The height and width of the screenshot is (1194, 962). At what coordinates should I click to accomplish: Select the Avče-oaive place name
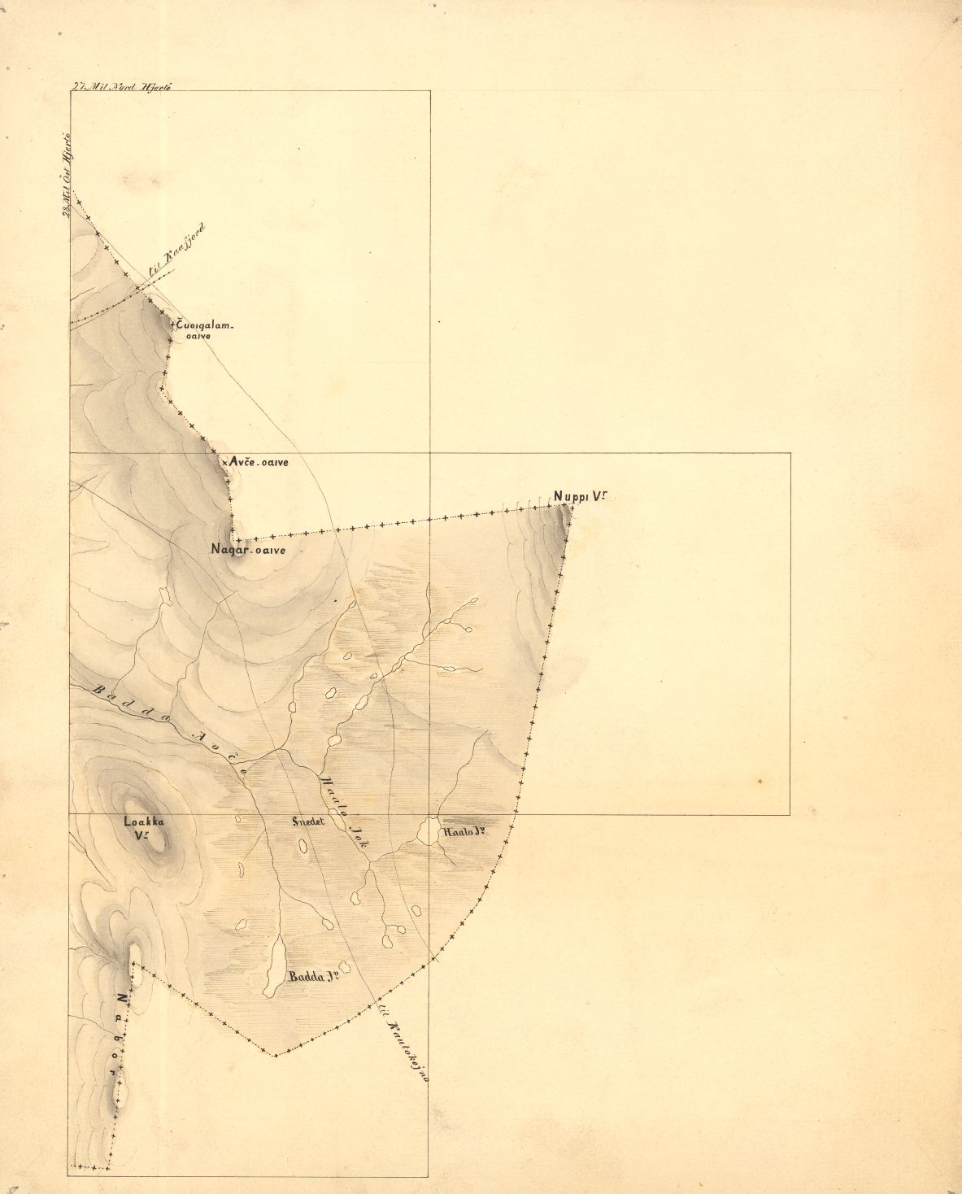tap(259, 462)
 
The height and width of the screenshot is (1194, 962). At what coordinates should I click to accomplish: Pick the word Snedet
tap(308, 821)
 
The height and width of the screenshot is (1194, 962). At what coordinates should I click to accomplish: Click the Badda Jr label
tap(312, 976)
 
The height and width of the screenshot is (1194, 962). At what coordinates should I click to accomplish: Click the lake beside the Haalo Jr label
tap(426, 832)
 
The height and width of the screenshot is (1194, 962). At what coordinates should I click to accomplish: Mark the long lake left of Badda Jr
tap(274, 964)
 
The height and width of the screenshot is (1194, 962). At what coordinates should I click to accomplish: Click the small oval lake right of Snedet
tap(303, 846)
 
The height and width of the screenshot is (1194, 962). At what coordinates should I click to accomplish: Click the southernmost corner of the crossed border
tap(276, 1056)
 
